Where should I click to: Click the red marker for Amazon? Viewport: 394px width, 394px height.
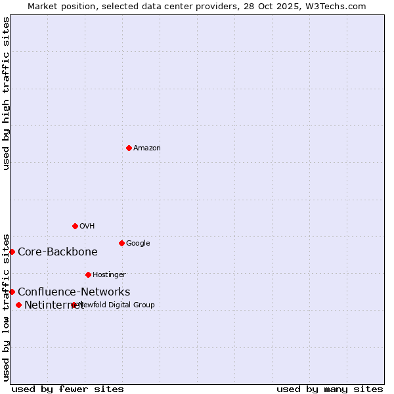(x=129, y=148)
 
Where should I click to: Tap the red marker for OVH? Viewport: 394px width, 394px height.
(x=75, y=226)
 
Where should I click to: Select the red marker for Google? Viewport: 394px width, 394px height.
(x=121, y=243)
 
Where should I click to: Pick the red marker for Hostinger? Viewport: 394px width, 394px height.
(x=88, y=274)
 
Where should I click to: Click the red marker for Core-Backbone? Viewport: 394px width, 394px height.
(x=12, y=252)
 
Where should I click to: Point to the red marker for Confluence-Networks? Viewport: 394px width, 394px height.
(x=12, y=292)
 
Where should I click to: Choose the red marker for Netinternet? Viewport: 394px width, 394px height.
(x=18, y=305)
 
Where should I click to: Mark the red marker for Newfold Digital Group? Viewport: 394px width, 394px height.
(x=74, y=305)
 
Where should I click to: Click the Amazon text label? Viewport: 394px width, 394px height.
(x=147, y=148)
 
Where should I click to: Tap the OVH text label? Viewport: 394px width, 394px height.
(x=87, y=227)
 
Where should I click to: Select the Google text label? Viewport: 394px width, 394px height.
(x=138, y=244)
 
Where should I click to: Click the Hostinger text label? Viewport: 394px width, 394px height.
(x=109, y=275)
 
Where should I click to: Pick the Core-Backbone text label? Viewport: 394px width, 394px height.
(x=58, y=252)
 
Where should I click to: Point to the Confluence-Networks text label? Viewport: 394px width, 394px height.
(x=74, y=292)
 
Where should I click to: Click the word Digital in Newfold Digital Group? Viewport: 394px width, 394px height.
(x=120, y=305)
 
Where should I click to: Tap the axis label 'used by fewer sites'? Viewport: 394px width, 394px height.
(x=68, y=389)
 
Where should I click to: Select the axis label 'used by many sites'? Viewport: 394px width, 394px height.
(x=330, y=389)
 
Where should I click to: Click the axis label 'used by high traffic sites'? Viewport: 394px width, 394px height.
(x=7, y=93)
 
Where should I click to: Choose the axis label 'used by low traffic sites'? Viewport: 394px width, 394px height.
(x=7, y=307)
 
